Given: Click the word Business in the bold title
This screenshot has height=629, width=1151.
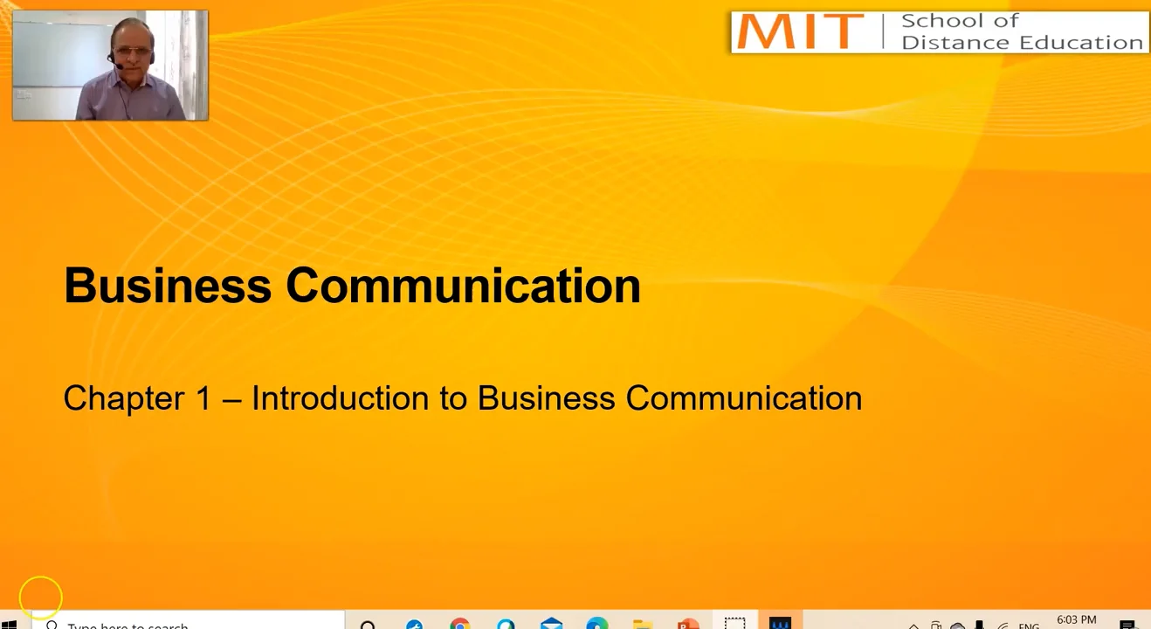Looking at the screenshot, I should [167, 286].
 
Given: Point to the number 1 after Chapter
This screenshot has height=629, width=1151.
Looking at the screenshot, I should [203, 398].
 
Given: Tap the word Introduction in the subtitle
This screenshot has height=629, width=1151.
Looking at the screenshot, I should [340, 398].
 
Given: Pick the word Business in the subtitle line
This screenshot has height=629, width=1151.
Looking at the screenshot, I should [546, 398].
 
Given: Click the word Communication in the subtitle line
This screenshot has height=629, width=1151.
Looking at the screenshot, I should [744, 398].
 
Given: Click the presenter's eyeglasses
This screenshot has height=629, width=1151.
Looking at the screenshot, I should [133, 51].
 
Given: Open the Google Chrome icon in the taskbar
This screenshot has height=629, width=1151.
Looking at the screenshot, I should [459, 624].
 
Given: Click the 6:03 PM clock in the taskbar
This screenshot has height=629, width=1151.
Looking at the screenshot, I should [1076, 619].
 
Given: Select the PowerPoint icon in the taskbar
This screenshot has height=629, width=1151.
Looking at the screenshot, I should [687, 624].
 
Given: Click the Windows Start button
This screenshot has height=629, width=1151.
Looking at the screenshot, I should [9, 624].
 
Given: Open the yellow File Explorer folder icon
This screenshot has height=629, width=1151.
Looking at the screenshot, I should [642, 624].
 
